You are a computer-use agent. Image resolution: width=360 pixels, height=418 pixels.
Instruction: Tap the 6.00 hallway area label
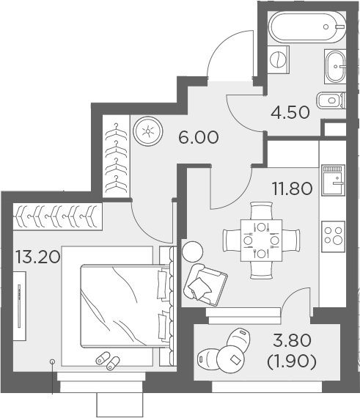tap(199, 136)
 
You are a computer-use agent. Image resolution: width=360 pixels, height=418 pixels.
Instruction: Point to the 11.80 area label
tap(292, 188)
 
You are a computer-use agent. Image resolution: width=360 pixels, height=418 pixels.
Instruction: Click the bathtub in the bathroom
tap(306, 28)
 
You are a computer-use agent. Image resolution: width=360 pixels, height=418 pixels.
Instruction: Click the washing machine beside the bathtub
tap(278, 58)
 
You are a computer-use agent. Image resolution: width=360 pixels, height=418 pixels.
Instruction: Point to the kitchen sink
tap(334, 179)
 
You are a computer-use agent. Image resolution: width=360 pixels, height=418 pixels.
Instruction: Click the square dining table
tap(260, 239)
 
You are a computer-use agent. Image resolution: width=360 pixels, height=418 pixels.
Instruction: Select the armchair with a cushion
tap(205, 281)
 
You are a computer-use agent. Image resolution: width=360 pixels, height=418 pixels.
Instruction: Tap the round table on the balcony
tap(232, 357)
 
